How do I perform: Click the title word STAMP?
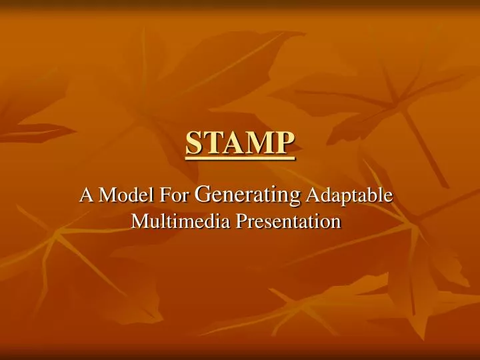239,142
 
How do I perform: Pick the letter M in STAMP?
253,142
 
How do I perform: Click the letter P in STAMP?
283,142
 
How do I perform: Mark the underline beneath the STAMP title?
239,157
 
